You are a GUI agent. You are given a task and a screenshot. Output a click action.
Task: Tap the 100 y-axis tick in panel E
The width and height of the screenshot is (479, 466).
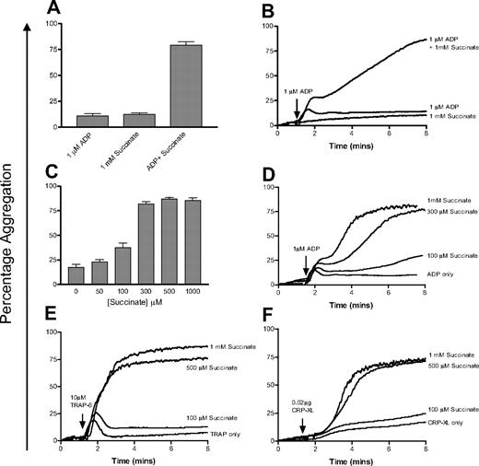click(x=50, y=325)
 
